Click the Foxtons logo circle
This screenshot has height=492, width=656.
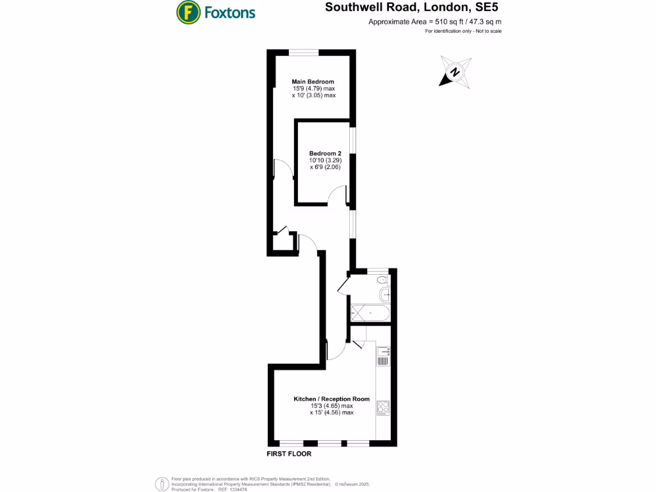pyautogui.click(x=186, y=12)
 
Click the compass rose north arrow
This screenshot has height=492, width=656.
pyautogui.click(x=455, y=72)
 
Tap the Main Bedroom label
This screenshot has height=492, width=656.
pyautogui.click(x=313, y=81)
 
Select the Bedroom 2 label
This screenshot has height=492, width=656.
pyautogui.click(x=325, y=153)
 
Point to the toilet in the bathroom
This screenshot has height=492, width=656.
pyautogui.click(x=382, y=279)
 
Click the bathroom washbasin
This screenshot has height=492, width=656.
pyautogui.click(x=385, y=295)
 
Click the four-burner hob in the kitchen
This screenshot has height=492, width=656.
pyautogui.click(x=383, y=407)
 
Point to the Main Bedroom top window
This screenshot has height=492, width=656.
pyautogui.click(x=302, y=52)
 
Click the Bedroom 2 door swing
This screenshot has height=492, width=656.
pyautogui.click(x=337, y=197)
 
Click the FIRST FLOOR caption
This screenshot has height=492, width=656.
pyautogui.click(x=289, y=454)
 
